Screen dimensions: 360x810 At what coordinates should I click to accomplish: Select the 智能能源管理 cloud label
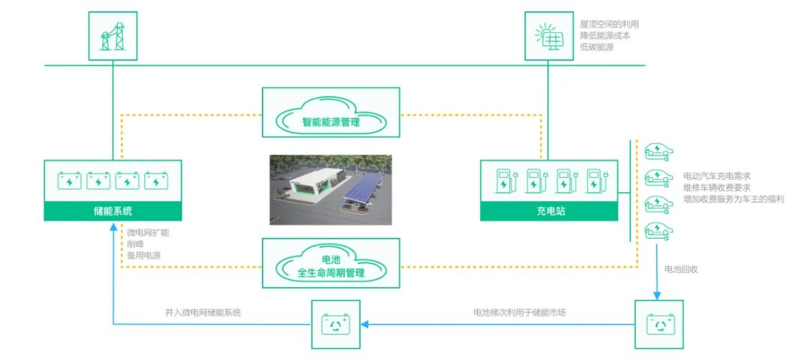pyautogui.click(x=331, y=121)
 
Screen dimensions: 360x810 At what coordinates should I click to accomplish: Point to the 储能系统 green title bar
pyautogui.click(x=112, y=211)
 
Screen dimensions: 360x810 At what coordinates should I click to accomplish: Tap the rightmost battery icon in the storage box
pyautogui.click(x=155, y=181)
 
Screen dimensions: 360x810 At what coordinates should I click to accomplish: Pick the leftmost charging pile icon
pyautogui.click(x=505, y=181)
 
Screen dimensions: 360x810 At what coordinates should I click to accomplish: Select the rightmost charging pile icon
pyautogui.click(x=596, y=181)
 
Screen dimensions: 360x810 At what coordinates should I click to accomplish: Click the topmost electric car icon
pyautogui.click(x=659, y=151)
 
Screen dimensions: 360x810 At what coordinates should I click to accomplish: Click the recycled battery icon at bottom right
pyautogui.click(x=659, y=324)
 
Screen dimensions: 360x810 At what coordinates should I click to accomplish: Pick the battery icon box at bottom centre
pyautogui.click(x=335, y=324)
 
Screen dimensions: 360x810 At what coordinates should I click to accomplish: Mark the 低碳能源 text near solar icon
pyautogui.click(x=597, y=47)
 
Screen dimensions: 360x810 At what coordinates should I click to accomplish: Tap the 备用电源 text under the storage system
pyautogui.click(x=143, y=256)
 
